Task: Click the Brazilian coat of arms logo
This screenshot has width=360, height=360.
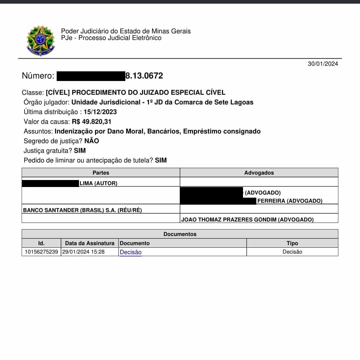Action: (41, 41)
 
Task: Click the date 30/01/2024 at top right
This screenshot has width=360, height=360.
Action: (323, 64)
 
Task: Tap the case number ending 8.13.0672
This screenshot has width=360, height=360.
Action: (144, 76)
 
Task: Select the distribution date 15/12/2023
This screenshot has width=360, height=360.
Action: (100, 112)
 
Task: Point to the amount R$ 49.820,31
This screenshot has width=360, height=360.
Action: (91, 121)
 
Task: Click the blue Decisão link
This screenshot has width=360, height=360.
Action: (131, 252)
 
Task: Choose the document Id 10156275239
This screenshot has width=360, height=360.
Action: (41, 252)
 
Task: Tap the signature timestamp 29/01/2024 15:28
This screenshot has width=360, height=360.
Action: (83, 252)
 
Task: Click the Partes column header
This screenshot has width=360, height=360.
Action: (101, 173)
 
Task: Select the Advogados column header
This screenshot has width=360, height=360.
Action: (259, 173)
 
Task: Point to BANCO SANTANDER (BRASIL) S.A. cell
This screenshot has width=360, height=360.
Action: (82, 210)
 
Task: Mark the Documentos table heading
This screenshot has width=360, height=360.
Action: (180, 234)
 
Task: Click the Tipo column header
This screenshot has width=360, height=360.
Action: (292, 243)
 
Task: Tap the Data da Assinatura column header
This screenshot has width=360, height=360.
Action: (90, 243)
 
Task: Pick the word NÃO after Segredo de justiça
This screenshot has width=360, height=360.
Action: (92, 141)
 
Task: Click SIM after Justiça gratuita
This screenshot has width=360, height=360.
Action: (80, 151)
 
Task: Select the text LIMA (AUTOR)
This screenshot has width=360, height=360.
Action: (98, 183)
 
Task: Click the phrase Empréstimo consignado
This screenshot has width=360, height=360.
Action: (222, 131)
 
